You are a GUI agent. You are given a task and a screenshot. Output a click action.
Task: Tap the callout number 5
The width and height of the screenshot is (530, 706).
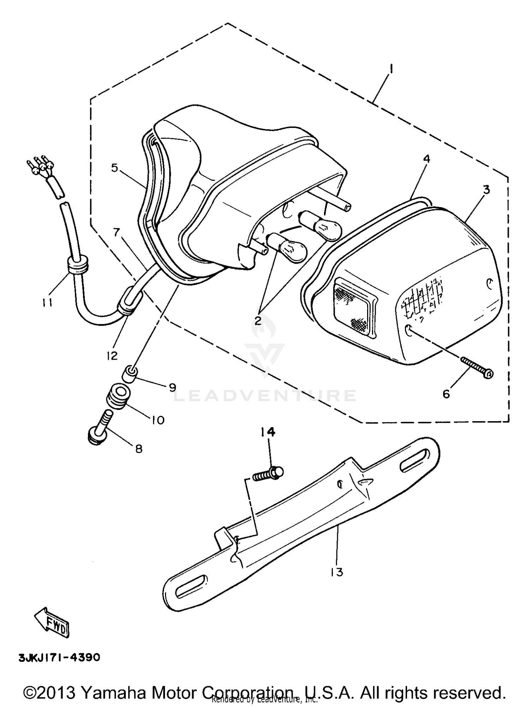(114, 168)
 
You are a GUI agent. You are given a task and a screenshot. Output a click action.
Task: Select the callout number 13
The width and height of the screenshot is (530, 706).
(337, 572)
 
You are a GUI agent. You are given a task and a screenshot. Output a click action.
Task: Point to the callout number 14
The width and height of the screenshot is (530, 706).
(269, 432)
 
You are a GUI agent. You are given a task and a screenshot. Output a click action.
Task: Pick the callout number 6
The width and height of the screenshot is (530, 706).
(447, 394)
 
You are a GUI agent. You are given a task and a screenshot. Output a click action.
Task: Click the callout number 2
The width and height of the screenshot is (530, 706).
(258, 320)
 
